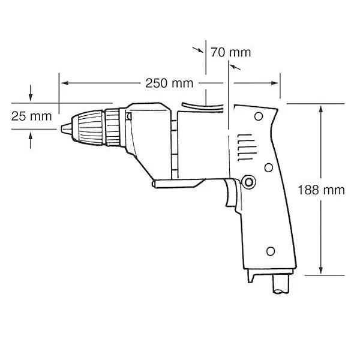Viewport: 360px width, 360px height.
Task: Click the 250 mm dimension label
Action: (x=169, y=83)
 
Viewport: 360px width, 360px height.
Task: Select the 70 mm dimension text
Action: (x=231, y=52)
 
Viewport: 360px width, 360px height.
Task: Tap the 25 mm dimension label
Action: (x=31, y=116)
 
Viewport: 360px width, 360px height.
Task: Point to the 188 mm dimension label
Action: (x=321, y=190)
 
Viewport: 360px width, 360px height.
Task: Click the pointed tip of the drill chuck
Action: (x=62, y=128)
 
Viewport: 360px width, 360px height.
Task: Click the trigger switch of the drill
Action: (x=232, y=193)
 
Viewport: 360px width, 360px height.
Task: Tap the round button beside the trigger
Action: (x=248, y=182)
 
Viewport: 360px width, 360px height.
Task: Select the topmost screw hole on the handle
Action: (x=259, y=116)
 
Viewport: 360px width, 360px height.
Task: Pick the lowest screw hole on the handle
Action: (x=271, y=251)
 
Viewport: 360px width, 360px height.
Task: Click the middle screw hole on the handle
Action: (x=268, y=168)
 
